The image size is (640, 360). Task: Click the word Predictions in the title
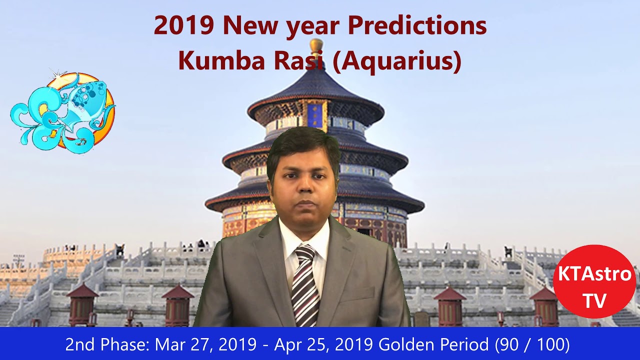coord(416,25)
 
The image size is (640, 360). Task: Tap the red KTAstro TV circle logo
coord(594,281)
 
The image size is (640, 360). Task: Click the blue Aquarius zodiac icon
coord(63,112)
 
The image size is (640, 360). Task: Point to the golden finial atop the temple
coord(316,46)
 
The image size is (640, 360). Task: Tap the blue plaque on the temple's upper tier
coord(314,115)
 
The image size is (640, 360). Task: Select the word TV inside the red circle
coord(594,300)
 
